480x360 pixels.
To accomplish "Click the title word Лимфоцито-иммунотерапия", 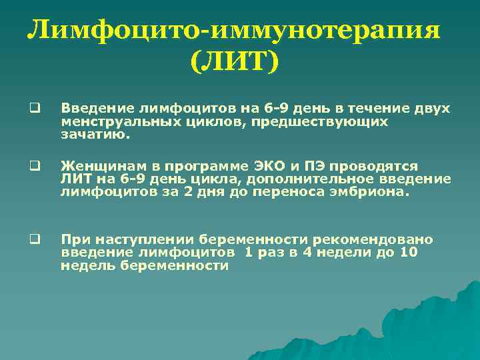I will point(235,31).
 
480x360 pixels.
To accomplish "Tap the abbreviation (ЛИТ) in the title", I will point(234,63).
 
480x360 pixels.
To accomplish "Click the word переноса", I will point(313,192).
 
